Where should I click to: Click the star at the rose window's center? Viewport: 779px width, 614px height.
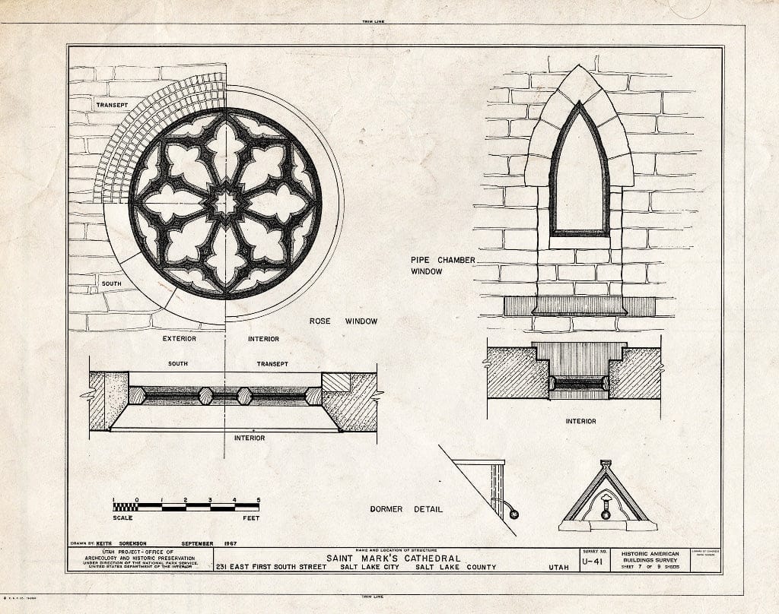[x=225, y=202]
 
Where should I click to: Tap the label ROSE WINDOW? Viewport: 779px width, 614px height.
[x=342, y=321]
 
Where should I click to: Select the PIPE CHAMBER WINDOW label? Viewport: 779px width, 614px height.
[x=443, y=265]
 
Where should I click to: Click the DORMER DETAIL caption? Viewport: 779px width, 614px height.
[x=405, y=509]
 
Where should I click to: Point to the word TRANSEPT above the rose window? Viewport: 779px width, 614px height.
[x=113, y=104]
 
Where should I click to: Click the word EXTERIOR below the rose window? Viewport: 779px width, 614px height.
[x=180, y=338]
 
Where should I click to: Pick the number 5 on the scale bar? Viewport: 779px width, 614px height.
[x=258, y=499]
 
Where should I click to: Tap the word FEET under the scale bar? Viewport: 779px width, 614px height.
[x=250, y=518]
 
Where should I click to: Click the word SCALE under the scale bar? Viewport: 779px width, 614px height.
[x=122, y=518]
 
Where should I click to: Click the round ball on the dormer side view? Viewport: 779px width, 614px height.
[x=514, y=514]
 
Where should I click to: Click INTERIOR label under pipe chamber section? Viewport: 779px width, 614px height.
[x=580, y=421]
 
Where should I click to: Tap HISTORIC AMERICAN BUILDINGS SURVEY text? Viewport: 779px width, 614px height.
[x=651, y=558]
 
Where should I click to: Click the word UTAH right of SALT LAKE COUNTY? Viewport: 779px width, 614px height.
[x=558, y=568]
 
